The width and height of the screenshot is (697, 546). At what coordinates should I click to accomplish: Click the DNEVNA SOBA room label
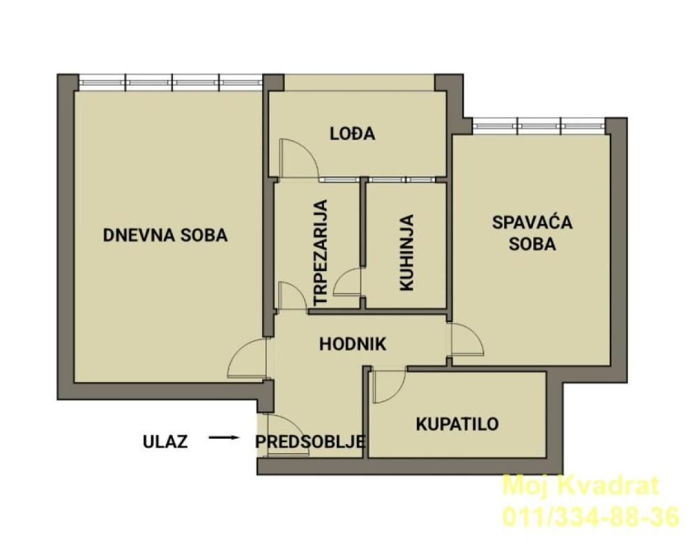point(165,235)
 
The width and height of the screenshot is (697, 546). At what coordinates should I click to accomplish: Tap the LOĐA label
point(352,133)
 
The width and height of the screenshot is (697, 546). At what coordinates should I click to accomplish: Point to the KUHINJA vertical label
point(406,252)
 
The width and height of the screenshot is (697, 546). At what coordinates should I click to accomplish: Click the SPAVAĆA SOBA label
point(532,233)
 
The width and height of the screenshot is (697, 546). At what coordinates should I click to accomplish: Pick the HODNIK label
point(353,343)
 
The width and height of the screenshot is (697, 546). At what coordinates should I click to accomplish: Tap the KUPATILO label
point(457,423)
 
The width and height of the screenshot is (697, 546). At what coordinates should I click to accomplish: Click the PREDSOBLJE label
point(311,441)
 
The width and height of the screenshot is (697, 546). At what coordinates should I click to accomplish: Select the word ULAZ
point(165,441)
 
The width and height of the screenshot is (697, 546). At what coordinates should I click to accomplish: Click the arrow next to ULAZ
point(224,438)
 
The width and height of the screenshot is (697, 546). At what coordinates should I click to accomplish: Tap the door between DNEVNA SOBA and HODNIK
point(247,359)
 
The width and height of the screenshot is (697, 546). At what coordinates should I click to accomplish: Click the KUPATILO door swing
point(389,386)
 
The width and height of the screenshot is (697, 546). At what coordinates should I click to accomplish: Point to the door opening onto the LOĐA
point(298,158)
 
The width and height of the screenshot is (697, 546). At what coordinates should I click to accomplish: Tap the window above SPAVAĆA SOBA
point(538,126)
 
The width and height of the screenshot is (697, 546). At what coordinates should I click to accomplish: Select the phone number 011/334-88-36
point(590,517)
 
